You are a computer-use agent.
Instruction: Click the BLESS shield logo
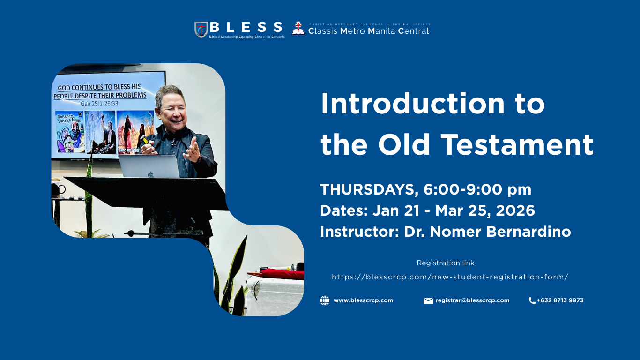click(x=201, y=30)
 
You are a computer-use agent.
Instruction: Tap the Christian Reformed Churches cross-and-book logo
click(x=298, y=29)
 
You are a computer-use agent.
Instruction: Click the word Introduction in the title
click(x=413, y=104)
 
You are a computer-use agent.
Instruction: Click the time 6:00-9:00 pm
click(x=477, y=190)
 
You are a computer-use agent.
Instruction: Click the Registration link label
click(x=445, y=263)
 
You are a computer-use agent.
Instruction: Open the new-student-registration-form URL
click(x=450, y=277)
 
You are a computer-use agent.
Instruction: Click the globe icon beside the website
click(x=325, y=300)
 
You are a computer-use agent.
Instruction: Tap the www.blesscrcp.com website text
click(x=363, y=300)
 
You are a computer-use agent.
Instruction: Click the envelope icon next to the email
click(x=428, y=301)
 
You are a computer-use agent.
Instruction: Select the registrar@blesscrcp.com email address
click(x=472, y=300)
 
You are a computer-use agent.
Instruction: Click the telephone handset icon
click(x=532, y=300)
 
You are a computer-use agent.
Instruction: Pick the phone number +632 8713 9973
click(x=560, y=300)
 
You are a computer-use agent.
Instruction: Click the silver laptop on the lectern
click(x=149, y=166)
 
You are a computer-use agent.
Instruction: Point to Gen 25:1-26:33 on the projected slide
click(x=99, y=104)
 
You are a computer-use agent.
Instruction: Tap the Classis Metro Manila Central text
click(x=368, y=31)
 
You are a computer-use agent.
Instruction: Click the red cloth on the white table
click(x=281, y=274)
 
